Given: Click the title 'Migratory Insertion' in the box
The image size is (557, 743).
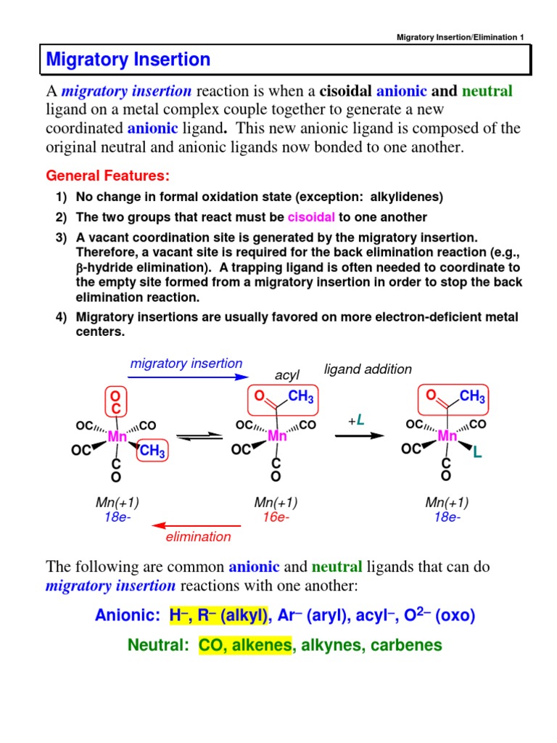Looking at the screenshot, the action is tap(128, 59).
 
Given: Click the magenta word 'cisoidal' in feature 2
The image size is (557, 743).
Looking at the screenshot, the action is tap(311, 218).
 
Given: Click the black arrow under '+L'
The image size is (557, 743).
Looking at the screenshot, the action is tap(358, 436).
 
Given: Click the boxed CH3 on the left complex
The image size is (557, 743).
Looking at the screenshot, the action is tap(152, 452).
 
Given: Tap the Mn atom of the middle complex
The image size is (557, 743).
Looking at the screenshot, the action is tap(278, 436).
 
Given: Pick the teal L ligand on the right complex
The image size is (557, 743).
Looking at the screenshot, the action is tap(476, 453).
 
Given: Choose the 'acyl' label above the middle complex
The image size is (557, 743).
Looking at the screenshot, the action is tap(287, 374).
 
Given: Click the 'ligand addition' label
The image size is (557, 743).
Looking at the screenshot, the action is tap(368, 369).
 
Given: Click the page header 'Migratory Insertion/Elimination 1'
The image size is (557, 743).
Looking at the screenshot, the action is tap(462, 37).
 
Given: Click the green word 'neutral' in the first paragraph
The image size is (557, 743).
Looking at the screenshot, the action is tap(487, 91).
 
